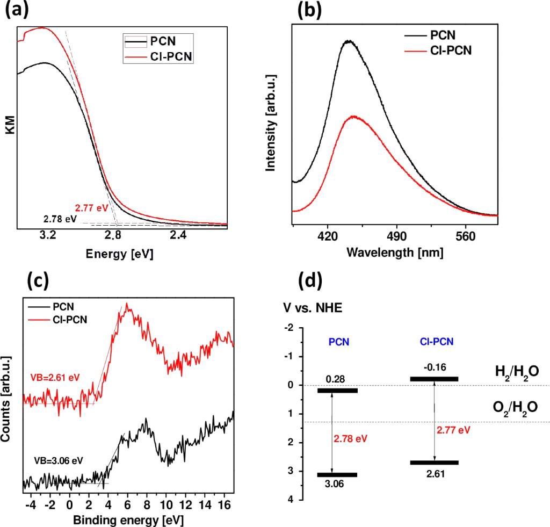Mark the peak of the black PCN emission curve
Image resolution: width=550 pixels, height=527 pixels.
click(349, 41)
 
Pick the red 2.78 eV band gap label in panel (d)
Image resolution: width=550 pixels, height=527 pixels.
click(350, 439)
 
